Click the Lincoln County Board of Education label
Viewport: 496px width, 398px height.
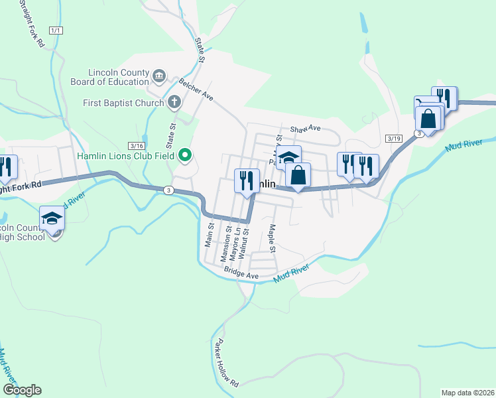tap(110, 77)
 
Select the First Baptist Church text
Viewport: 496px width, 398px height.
tap(123, 103)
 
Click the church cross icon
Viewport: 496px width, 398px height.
tap(174, 102)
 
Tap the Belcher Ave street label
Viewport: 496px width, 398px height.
tap(196, 90)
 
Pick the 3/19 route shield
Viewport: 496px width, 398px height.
tap(394, 138)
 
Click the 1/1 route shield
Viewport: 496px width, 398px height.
tap(56, 31)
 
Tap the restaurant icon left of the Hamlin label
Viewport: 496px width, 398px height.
tap(245, 179)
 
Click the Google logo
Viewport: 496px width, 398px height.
tap(22, 390)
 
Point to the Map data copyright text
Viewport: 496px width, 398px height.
tap(468, 393)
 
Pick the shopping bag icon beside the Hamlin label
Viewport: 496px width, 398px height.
tap(298, 175)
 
